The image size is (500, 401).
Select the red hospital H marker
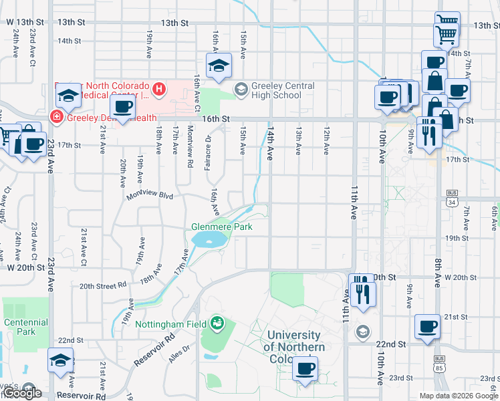pos(159,88)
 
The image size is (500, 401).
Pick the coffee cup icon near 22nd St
pos(427,327)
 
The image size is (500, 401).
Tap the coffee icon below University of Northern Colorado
pos(305,368)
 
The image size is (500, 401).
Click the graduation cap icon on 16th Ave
pos(219,66)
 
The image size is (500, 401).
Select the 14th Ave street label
pos(271,146)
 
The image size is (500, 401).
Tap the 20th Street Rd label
pos(103,285)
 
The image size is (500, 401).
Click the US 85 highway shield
pos(439,367)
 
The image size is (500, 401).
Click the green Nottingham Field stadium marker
pos(217,324)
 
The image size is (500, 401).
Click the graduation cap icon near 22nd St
pos(60,361)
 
